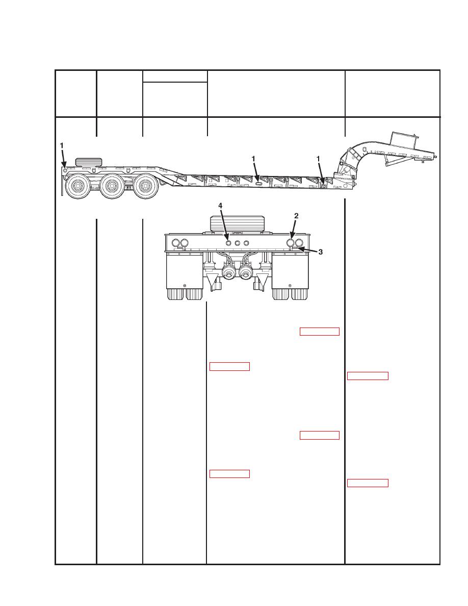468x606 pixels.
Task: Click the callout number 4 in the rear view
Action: point(220,206)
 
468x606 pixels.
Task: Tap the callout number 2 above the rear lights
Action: point(296,216)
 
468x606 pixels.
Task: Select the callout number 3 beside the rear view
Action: point(320,252)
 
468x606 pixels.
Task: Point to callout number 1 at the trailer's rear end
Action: point(61,146)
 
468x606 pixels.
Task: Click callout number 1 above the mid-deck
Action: point(253,159)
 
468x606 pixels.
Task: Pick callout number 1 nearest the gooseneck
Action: point(318,159)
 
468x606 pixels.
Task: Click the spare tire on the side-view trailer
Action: point(89,162)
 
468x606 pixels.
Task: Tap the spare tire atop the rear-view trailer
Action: point(237,224)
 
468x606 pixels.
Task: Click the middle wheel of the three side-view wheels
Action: point(112,186)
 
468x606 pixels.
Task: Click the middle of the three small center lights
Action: point(238,243)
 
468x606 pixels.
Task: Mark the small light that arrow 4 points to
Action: point(228,243)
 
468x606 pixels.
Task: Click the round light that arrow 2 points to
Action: point(291,243)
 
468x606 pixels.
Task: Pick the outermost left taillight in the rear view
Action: point(176,243)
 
